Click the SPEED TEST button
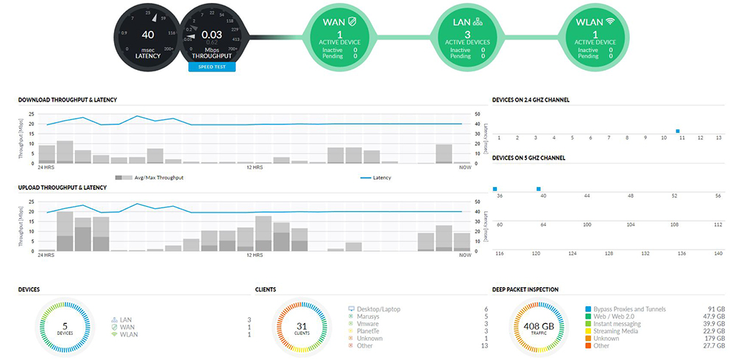coord(211,67)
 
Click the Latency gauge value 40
coord(148,34)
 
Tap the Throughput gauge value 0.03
coord(212,34)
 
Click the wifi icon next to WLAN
coord(610,22)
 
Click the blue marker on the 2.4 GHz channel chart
coord(677,131)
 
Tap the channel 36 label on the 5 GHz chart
coord(500,197)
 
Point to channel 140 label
coord(718,253)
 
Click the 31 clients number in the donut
coord(300,325)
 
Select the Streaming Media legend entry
coord(610,331)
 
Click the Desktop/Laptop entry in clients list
coord(379,309)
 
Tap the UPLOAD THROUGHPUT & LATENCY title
coord(62,188)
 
